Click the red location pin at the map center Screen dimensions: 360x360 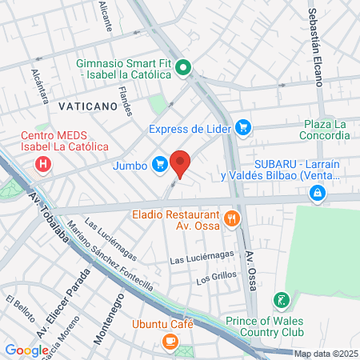pos(180,162)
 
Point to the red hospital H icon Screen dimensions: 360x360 pos(44,166)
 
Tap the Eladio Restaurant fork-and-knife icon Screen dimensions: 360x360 pos(232,218)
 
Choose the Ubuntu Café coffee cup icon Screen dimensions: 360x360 pos(170,341)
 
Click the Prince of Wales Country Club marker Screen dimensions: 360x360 pos(281,301)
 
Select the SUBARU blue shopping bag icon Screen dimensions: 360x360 pos(318,193)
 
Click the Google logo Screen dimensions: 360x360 pos(26,350)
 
